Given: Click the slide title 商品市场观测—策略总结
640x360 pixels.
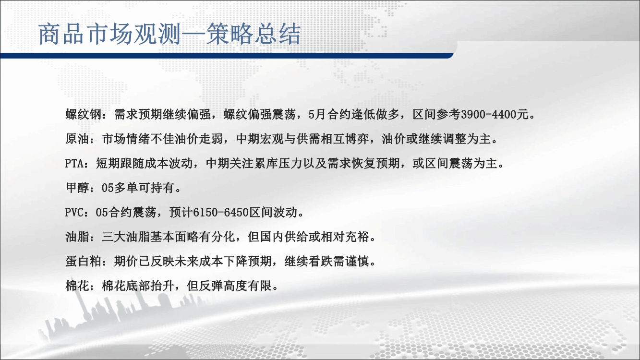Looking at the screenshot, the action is tap(169, 34).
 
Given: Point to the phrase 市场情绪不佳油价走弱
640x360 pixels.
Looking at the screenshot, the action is tap(162, 139).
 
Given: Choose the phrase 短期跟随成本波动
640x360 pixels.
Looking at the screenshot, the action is tap(144, 164).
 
